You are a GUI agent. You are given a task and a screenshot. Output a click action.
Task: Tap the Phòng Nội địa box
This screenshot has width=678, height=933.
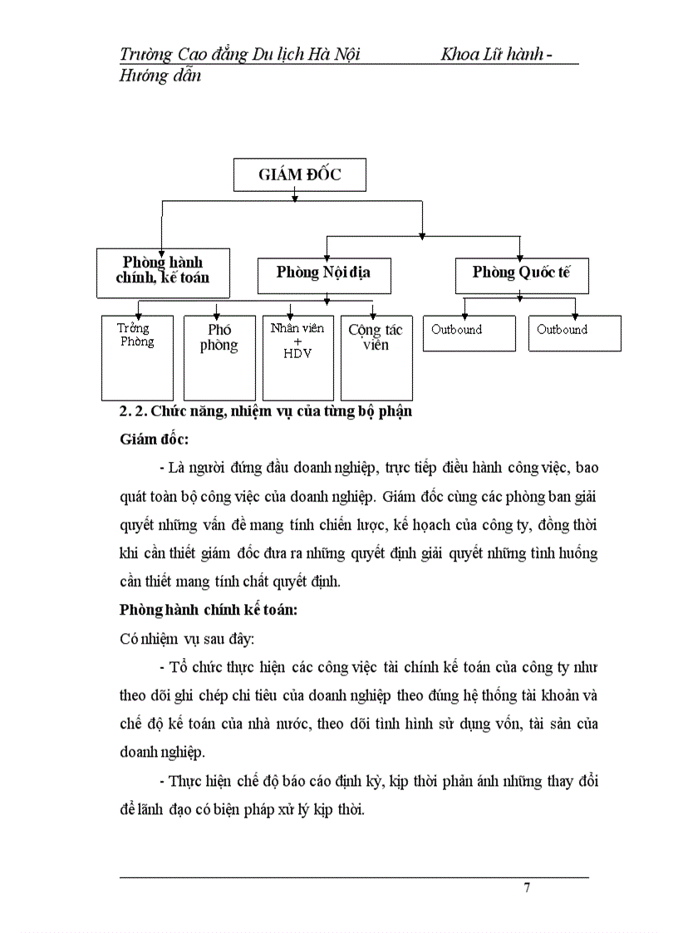coord(324,273)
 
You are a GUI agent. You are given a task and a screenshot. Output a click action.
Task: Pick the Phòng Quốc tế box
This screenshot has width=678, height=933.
coord(521,273)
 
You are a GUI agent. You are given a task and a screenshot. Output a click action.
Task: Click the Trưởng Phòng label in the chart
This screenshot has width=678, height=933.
coord(135,335)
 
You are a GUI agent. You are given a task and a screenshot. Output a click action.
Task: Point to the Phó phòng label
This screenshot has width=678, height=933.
coord(219,338)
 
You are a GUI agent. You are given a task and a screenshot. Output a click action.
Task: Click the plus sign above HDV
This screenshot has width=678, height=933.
coord(297,341)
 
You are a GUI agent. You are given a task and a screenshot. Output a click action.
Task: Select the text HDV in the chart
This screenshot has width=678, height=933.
coord(297,352)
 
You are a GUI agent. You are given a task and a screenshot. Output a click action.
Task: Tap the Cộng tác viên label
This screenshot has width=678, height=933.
coord(376,337)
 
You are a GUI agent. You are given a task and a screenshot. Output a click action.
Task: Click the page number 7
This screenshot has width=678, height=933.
coord(527,887)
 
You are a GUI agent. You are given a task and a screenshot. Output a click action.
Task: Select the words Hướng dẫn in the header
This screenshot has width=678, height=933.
coord(160,76)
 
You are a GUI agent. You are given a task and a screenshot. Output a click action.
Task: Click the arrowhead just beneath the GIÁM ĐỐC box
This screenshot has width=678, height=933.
coord(295,198)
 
